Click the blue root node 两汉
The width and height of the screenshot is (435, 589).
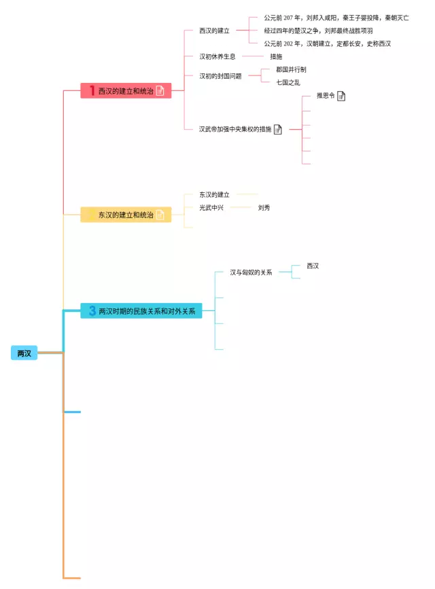24,353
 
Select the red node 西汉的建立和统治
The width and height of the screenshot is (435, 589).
126,91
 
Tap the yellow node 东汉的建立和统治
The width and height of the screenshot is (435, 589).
126,215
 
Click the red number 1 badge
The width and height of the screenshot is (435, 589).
92,91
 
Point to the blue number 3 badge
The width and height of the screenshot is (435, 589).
92,311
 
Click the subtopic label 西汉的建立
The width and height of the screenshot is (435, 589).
214,31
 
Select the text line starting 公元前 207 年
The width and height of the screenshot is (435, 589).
336,18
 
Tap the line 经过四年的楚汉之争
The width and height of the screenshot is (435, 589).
318,31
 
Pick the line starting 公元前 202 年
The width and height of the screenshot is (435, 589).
327,43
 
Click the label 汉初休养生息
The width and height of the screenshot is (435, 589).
217,56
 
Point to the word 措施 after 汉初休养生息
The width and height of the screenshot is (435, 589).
275,56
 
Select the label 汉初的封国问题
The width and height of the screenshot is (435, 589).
220,76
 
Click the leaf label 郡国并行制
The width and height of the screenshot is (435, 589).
291,69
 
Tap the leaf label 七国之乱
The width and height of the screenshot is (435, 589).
288,82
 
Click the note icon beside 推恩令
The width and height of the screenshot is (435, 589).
341,96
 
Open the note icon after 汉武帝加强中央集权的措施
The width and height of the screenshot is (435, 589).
277,129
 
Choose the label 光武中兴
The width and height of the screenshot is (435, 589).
211,207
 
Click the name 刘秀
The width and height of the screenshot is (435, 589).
264,207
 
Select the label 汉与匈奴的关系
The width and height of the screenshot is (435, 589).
251,272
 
